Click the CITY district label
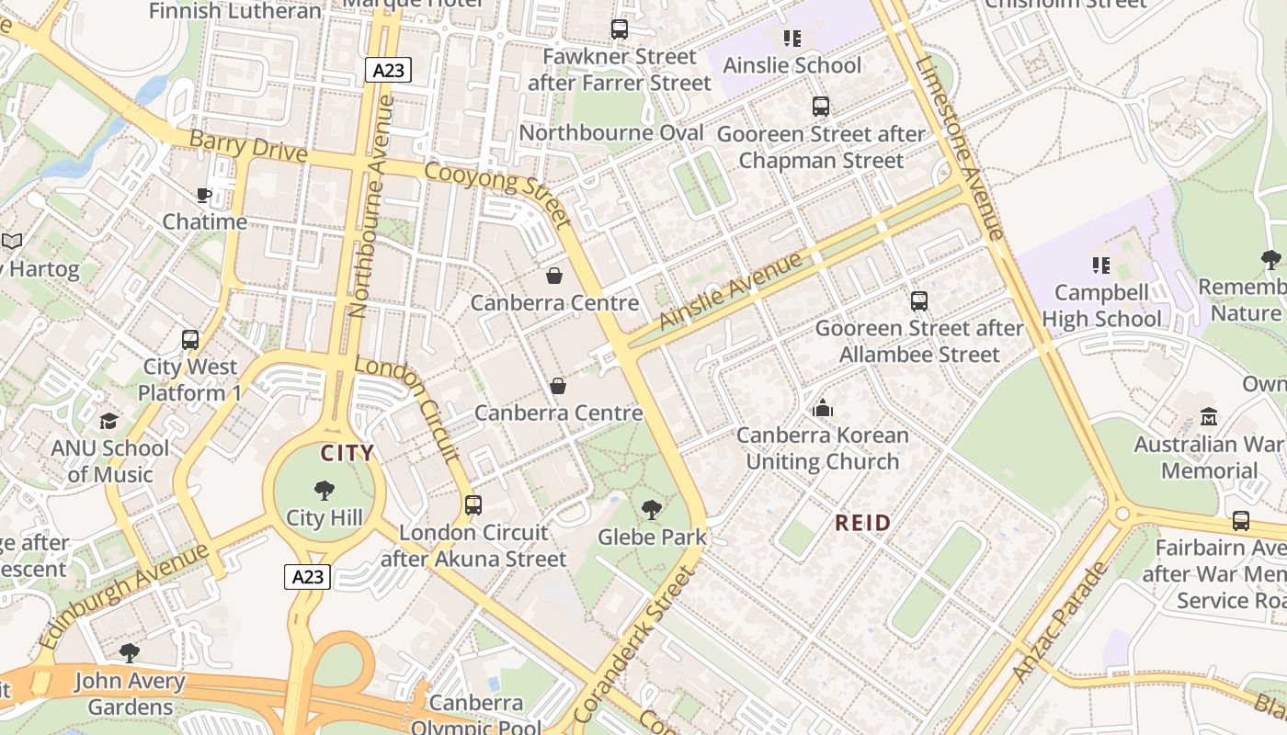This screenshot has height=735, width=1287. click(347, 453)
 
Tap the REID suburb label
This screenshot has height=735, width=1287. click(862, 524)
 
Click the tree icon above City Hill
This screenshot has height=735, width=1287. click(324, 491)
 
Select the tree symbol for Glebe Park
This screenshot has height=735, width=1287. click(651, 509)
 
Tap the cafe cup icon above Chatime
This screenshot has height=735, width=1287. click(204, 195)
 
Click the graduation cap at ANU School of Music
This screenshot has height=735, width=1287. click(109, 422)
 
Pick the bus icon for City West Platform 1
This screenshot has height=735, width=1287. click(190, 340)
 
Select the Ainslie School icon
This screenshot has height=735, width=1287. click(792, 39)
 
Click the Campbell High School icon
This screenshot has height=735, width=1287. click(1101, 266)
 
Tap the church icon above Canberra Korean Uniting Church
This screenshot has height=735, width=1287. click(822, 408)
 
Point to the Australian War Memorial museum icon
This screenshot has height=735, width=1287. click(1209, 417)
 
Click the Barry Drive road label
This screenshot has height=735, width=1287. click(247, 146)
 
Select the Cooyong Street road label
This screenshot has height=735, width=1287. click(497, 191)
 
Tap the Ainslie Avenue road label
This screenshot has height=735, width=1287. click(731, 289)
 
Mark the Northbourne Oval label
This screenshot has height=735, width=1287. click(611, 133)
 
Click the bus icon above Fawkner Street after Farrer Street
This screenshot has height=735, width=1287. click(619, 29)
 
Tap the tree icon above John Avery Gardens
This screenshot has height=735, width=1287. click(130, 653)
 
